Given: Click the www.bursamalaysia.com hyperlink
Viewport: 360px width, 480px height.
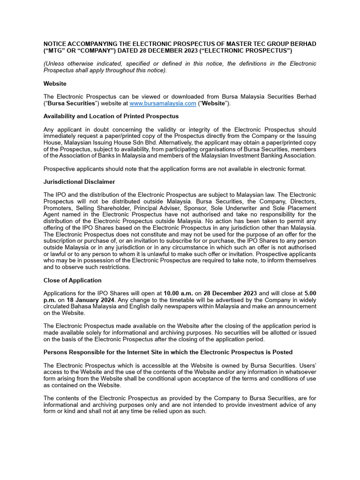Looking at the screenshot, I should pos(163,104).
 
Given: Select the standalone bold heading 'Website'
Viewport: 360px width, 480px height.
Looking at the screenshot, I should pos(55,83).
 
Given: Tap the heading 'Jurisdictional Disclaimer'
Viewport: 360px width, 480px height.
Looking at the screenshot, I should pos(79,181).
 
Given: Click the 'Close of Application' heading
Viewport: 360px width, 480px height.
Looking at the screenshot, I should pos(72,280).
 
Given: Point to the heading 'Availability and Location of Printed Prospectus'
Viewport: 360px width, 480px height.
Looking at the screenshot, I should pos(111,116).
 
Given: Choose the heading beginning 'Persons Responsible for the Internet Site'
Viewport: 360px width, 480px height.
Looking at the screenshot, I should pos(168,352).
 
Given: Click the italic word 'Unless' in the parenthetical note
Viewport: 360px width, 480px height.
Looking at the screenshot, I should pos(57,64).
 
